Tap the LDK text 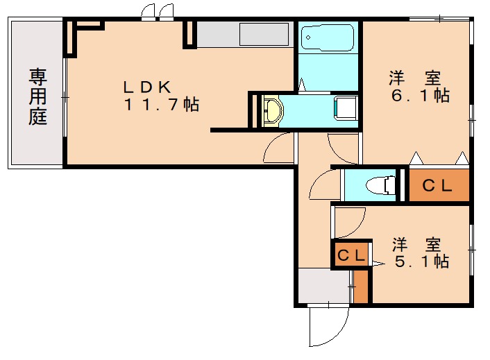[147, 87]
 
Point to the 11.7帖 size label [162, 105]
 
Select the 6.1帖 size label [419, 96]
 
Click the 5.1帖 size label [421, 262]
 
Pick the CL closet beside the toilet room [438, 185]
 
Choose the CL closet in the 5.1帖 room [351, 255]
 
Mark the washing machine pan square [346, 109]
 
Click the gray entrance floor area [323, 286]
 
